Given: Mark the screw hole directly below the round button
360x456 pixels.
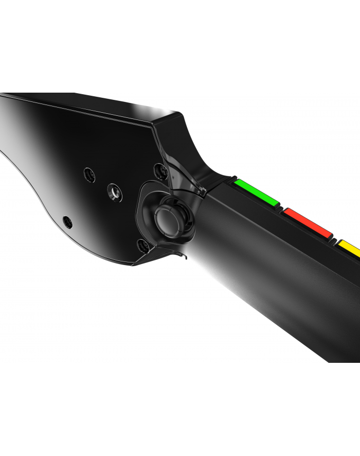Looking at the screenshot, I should (x=145, y=247).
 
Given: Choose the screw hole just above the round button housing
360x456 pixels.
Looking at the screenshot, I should (x=161, y=169).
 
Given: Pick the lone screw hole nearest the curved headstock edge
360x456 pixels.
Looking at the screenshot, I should (x=67, y=222).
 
